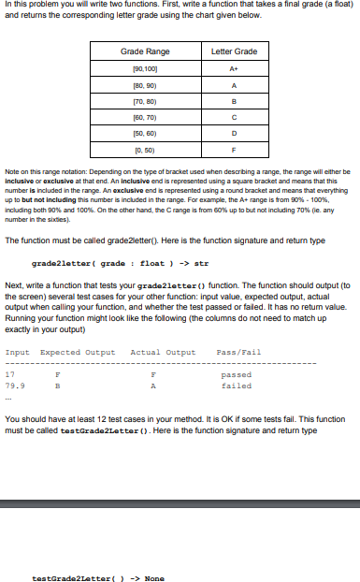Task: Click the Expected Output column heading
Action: point(79,353)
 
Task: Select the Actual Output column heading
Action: point(164,353)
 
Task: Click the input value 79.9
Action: point(15,384)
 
